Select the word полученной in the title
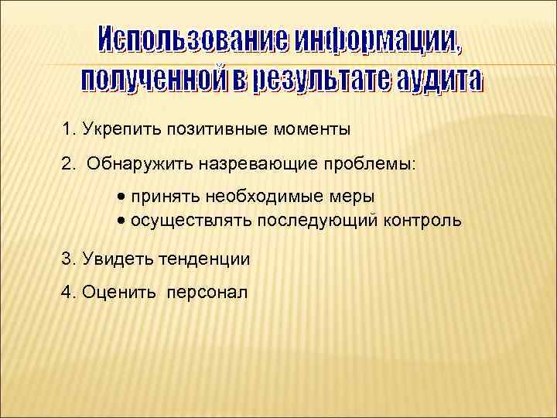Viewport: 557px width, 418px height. [x=151, y=78]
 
